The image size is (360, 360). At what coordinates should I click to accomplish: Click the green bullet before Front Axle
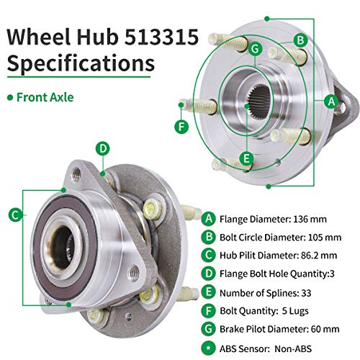[x=10, y=96]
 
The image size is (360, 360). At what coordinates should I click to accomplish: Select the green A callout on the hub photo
[x=331, y=102]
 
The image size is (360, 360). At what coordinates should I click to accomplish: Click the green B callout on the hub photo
[x=300, y=40]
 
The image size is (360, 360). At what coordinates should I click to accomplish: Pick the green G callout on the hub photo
[x=255, y=48]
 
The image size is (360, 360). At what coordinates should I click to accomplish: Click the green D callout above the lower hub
[x=103, y=149]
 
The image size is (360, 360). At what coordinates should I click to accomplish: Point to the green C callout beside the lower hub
[x=14, y=213]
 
